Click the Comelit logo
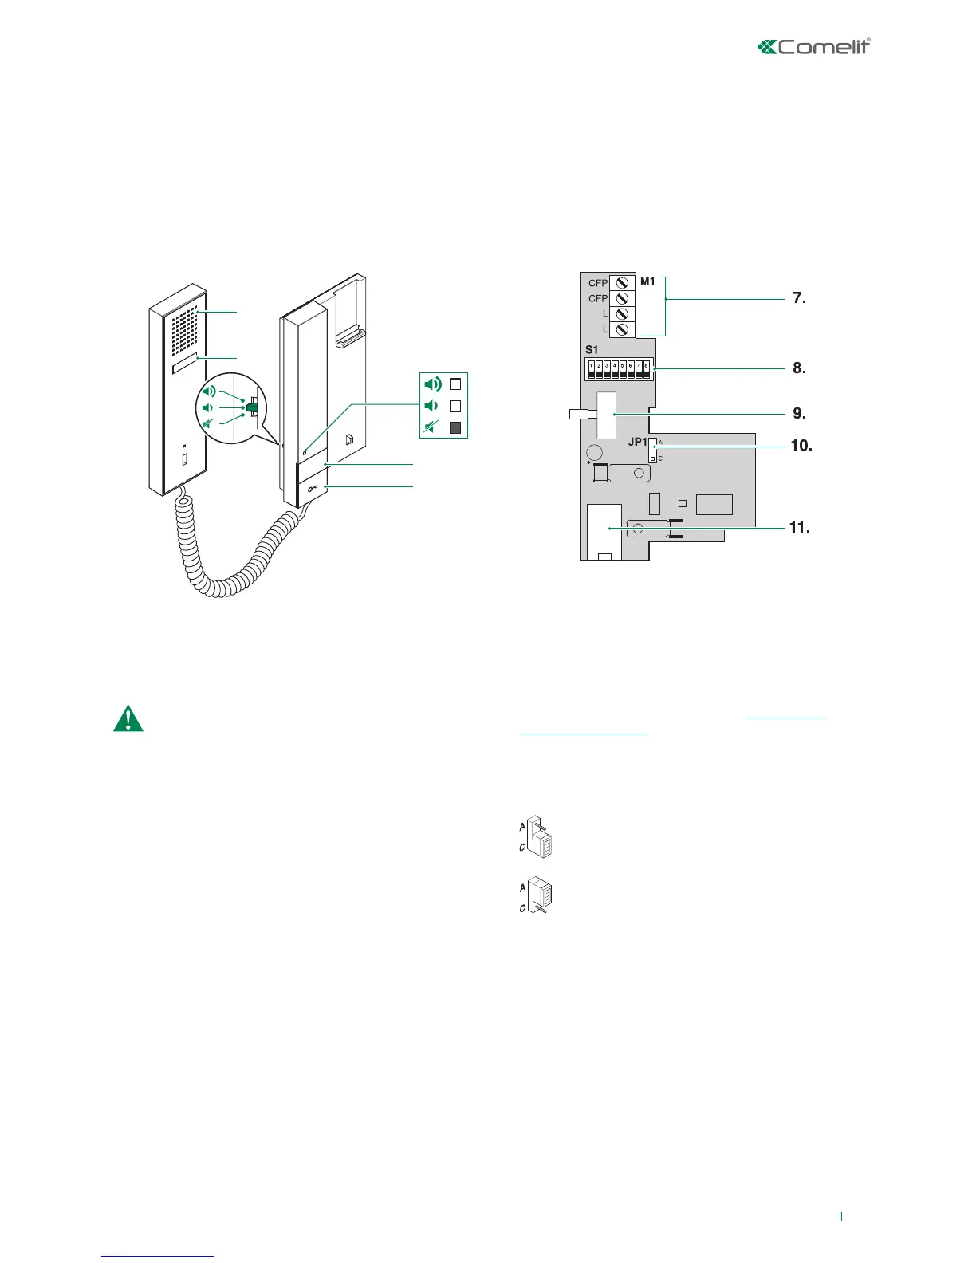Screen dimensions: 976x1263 813,47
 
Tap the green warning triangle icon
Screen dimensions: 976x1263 128,718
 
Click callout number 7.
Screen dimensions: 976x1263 799,299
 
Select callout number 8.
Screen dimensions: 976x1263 799,369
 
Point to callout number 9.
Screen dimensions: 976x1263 799,414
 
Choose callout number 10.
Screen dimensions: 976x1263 801,446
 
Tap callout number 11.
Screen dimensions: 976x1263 799,528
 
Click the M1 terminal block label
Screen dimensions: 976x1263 647,281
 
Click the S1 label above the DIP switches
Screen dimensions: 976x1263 592,350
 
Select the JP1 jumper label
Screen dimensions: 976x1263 637,442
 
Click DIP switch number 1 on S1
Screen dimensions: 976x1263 591,369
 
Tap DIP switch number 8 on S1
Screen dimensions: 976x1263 646,369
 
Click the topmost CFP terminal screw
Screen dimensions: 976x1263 622,283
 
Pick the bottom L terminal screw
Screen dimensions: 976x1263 622,329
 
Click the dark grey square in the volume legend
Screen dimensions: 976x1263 455,428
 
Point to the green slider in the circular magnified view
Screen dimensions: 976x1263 252,408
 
